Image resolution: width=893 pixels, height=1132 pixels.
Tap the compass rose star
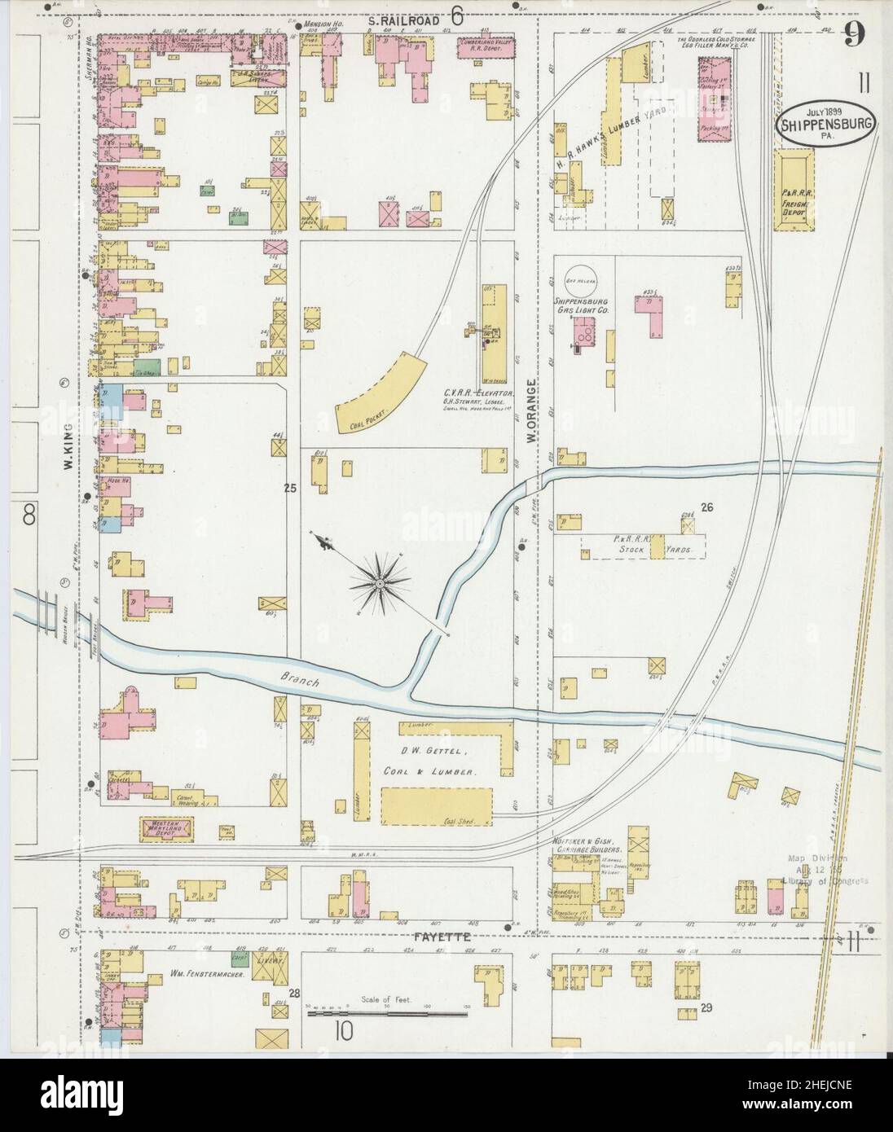(379, 583)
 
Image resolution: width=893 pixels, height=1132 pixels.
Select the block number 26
(706, 507)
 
